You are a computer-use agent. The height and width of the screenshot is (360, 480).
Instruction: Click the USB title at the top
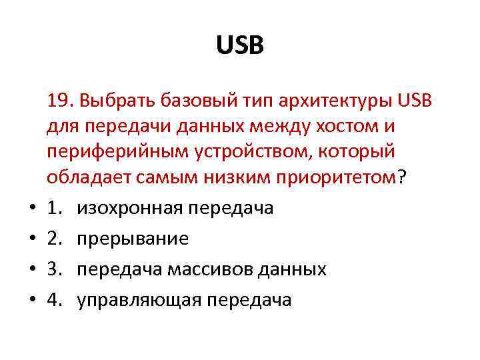240,47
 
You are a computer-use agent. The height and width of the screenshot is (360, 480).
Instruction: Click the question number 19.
59,101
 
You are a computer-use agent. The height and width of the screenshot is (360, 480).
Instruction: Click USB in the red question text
415,101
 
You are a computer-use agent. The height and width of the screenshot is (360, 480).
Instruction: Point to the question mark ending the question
401,177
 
